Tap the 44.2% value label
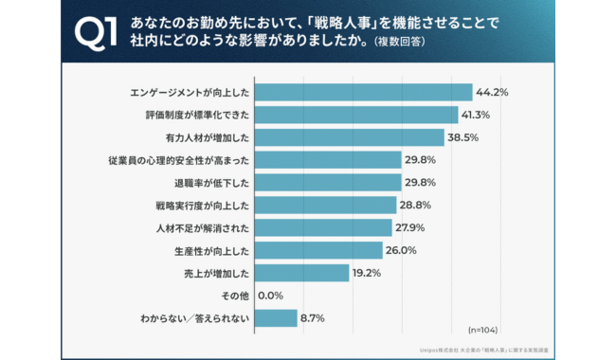click(493, 92)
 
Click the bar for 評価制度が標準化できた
click(356, 115)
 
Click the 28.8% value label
click(416, 205)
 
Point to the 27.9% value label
click(411, 227)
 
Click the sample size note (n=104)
click(484, 330)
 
